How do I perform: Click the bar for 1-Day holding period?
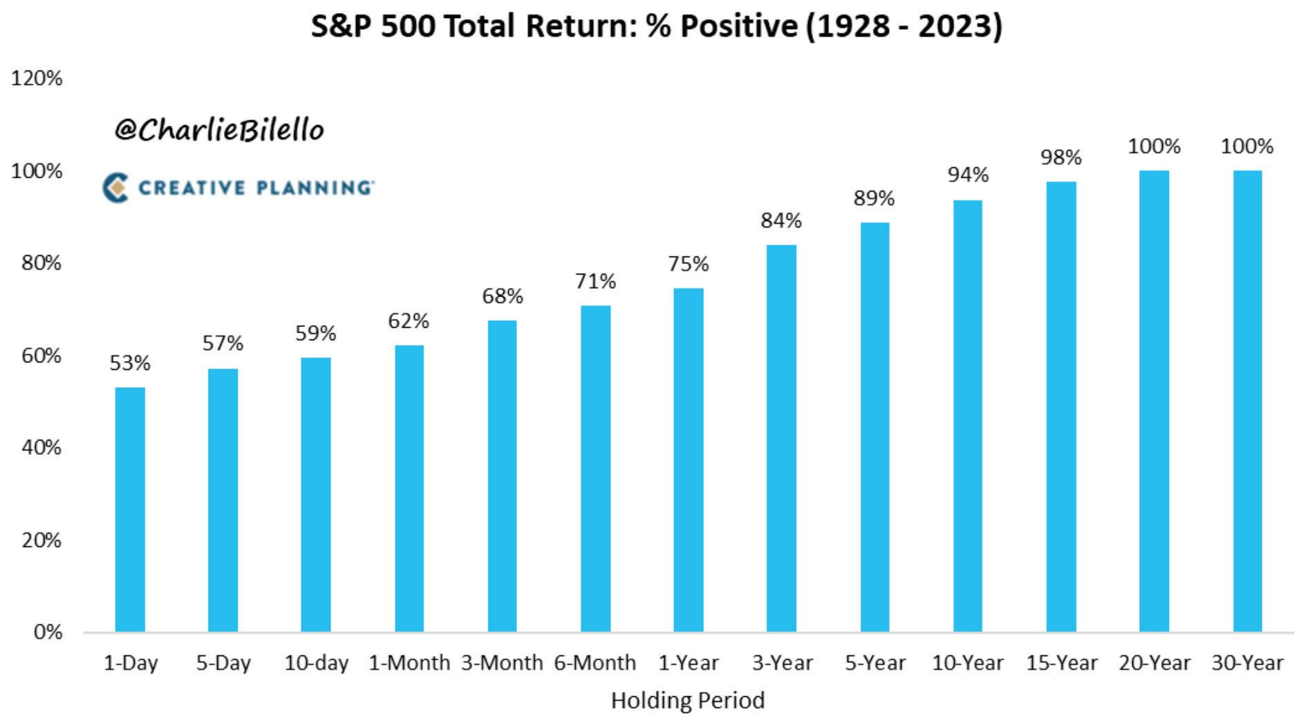[x=130, y=510]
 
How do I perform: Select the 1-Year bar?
[x=689, y=460]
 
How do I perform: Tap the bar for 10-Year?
[x=968, y=416]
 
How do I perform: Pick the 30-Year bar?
[x=1247, y=401]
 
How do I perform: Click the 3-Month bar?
[x=502, y=476]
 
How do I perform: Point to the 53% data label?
[x=130, y=363]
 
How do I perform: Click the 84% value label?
[x=781, y=221]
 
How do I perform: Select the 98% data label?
[x=1061, y=158]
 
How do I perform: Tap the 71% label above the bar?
[x=595, y=281]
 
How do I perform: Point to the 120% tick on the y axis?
[x=37, y=78]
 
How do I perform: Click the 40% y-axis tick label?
[x=41, y=447]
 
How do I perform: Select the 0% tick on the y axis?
[x=48, y=632]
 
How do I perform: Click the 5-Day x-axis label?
[x=223, y=663]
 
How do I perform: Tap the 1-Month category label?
[x=409, y=663]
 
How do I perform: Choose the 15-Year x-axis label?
[x=1061, y=663]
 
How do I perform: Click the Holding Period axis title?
[x=688, y=700]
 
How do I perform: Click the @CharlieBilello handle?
[x=219, y=129]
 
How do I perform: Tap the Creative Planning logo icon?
[x=115, y=187]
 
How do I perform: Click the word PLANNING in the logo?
[x=315, y=187]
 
